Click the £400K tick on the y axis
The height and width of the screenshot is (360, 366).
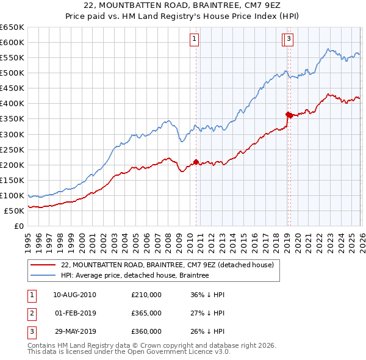click(12, 104)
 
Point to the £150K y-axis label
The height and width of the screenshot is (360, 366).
click(12, 180)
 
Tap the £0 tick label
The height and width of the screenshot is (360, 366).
click(19, 226)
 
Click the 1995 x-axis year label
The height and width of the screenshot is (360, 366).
click(28, 238)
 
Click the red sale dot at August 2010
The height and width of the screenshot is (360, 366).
click(196, 162)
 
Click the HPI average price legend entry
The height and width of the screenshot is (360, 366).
click(135, 276)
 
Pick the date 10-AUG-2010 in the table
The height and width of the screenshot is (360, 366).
click(74, 295)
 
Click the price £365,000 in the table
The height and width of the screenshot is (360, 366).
click(146, 313)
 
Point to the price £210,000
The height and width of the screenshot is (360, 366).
click(146, 295)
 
